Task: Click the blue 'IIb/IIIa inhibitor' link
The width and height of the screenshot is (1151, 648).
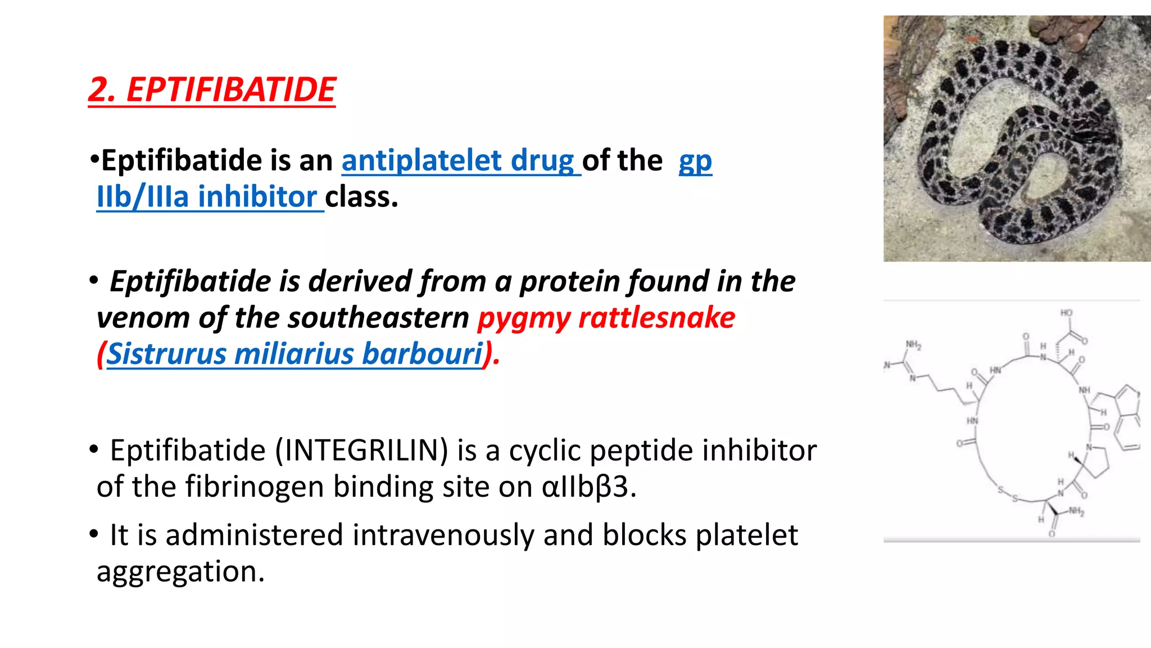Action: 207,197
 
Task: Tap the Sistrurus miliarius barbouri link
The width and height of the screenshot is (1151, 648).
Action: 294,354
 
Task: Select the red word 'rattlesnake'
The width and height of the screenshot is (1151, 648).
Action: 656,318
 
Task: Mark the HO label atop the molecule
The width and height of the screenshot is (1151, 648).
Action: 1066,313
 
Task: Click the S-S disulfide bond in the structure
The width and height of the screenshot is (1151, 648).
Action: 1008,494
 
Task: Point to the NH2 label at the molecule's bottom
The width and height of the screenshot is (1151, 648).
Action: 1076,511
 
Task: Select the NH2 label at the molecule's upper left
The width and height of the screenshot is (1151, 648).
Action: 913,345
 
